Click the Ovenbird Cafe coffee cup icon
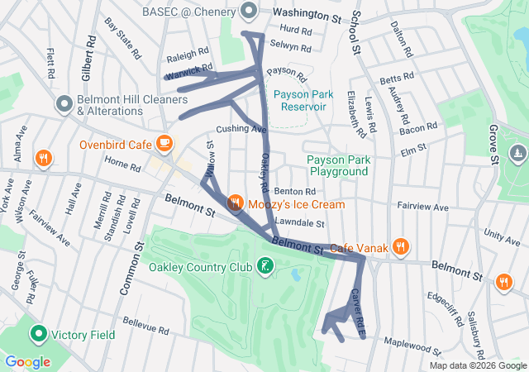(x=164, y=144)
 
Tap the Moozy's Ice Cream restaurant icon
(x=235, y=203)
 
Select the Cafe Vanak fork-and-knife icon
(x=401, y=246)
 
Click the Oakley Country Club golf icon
(x=264, y=266)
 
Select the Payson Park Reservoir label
(x=303, y=100)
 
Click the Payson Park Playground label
(x=336, y=165)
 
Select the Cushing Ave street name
(x=241, y=129)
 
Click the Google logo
(x=28, y=361)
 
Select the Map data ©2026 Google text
(x=477, y=365)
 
